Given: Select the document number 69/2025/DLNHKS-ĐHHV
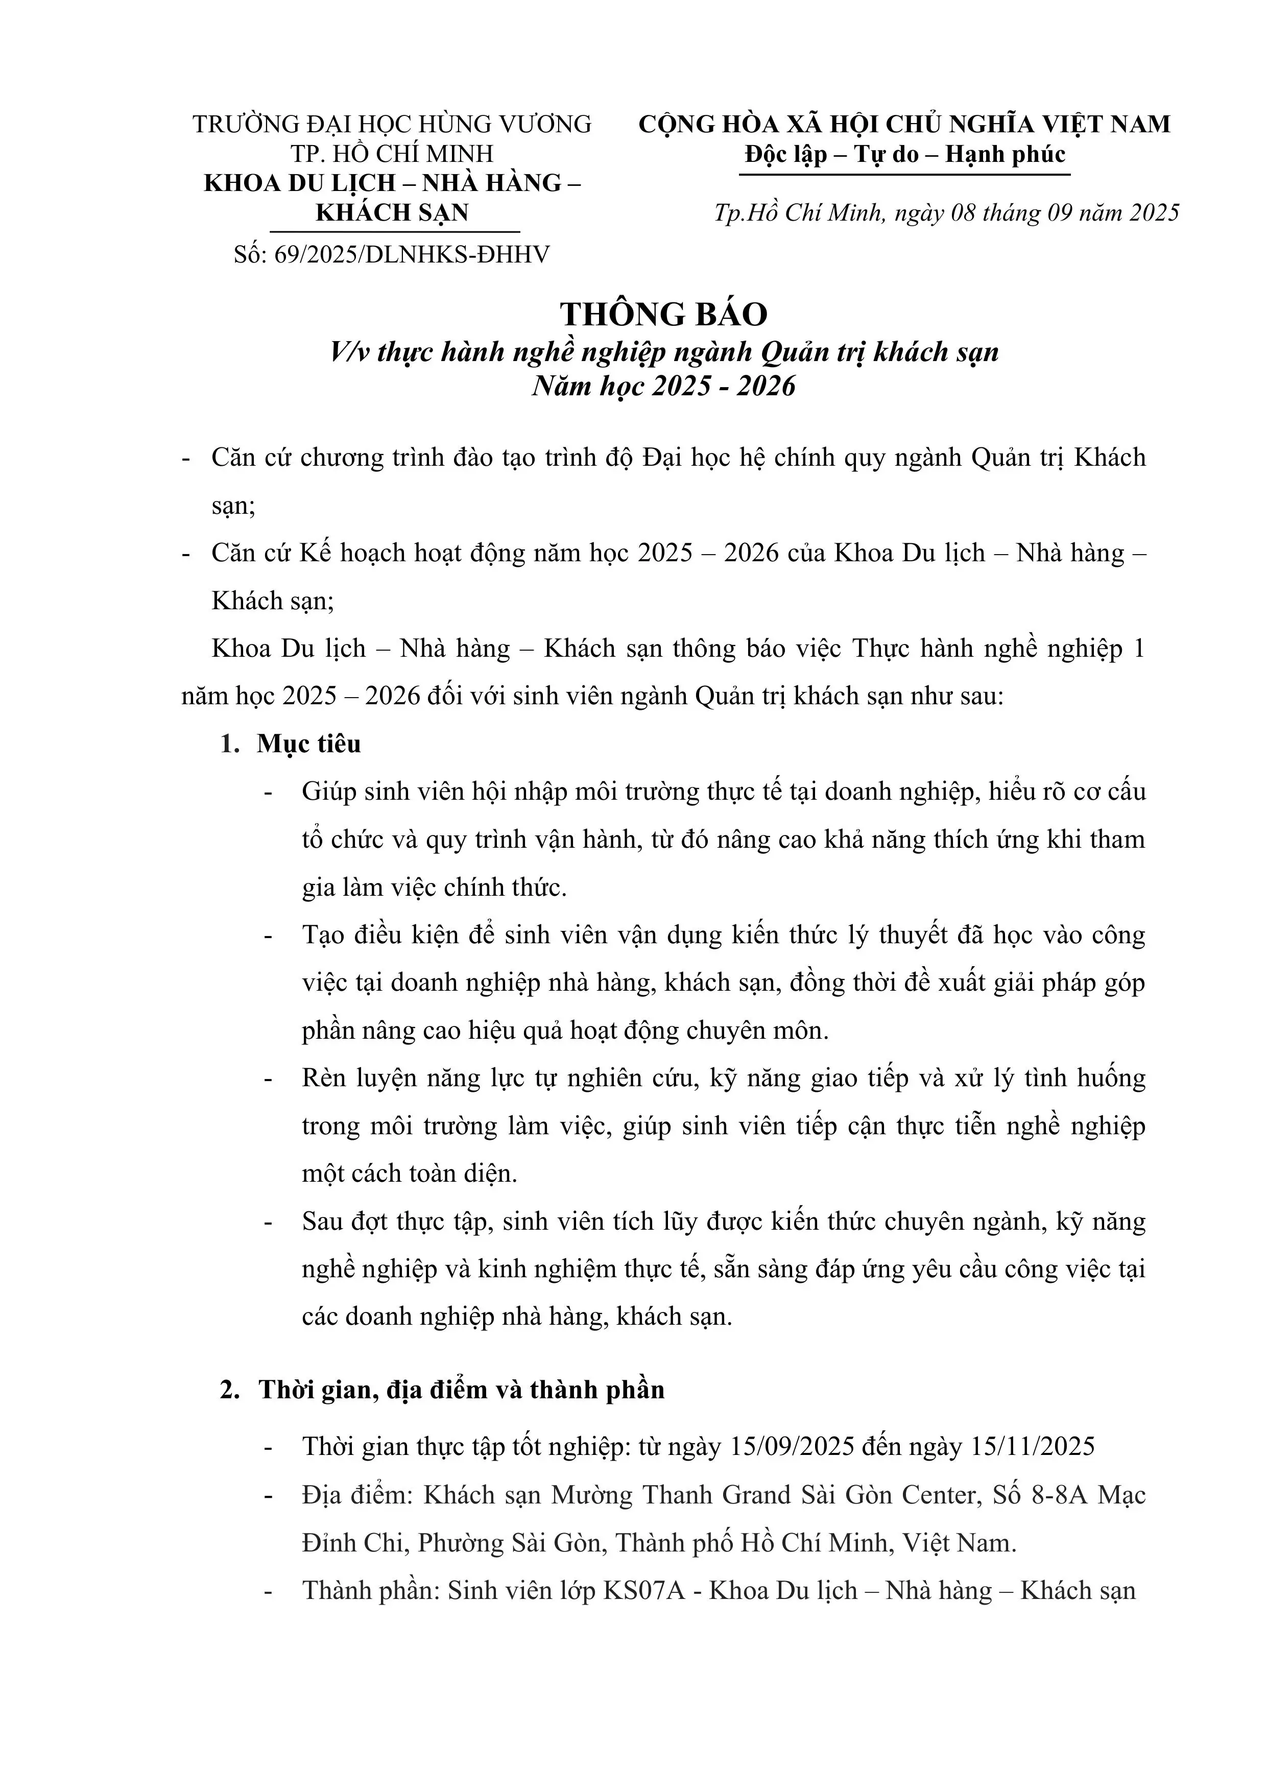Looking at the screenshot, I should [x=412, y=254].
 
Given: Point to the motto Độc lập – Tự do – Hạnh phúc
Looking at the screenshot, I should [x=905, y=155].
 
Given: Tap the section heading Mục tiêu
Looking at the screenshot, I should [x=309, y=744].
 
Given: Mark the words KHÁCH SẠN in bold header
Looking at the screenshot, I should [x=392, y=212].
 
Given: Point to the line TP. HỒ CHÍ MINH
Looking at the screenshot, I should [x=392, y=154].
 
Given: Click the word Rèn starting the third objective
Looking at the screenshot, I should [x=324, y=1079].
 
